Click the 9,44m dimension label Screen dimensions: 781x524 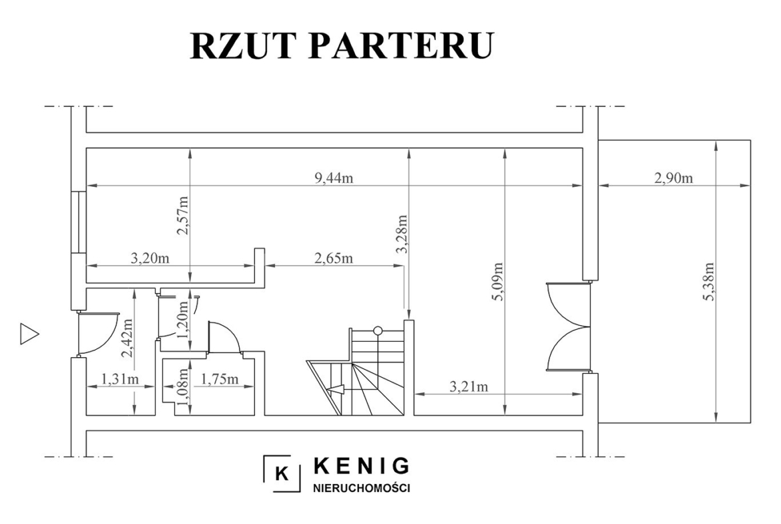(x=334, y=178)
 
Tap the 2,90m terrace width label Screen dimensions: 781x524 (x=674, y=178)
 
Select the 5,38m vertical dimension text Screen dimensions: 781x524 (x=709, y=282)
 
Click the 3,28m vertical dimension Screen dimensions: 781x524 (x=401, y=234)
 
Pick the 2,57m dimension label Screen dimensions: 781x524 (x=184, y=215)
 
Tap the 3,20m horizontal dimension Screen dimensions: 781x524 (x=150, y=258)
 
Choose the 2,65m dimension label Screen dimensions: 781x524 (x=334, y=258)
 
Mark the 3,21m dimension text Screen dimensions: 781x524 (x=469, y=386)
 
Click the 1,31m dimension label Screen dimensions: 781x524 (x=120, y=380)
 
